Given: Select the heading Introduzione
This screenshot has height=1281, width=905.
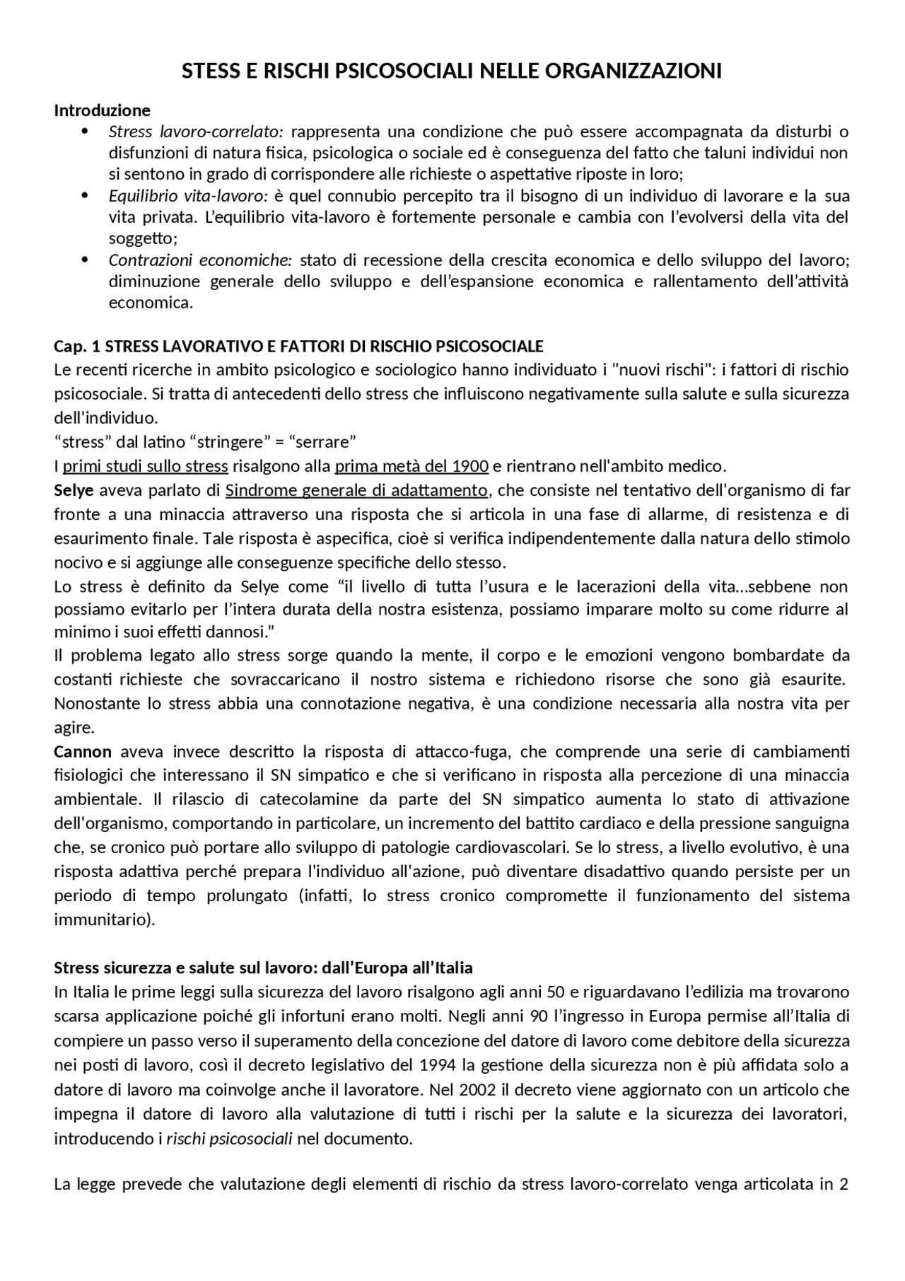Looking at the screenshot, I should click(x=103, y=110).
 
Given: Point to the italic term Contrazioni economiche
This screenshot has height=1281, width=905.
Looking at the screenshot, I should click(x=200, y=260).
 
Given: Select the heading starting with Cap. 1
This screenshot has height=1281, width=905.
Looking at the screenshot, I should click(x=298, y=346).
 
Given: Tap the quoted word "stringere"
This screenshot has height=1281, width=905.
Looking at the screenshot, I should click(x=226, y=442).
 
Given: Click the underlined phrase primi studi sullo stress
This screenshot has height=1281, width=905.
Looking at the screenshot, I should click(x=145, y=466).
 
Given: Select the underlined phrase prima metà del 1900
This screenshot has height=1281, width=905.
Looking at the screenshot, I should click(x=411, y=466).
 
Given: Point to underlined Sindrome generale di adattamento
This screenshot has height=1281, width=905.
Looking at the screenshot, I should click(x=356, y=490).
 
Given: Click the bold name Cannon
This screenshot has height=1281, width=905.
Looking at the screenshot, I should click(x=83, y=751).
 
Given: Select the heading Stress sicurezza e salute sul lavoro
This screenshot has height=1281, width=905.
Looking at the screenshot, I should click(x=264, y=967).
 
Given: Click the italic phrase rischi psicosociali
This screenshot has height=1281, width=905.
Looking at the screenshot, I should click(x=229, y=1139).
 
